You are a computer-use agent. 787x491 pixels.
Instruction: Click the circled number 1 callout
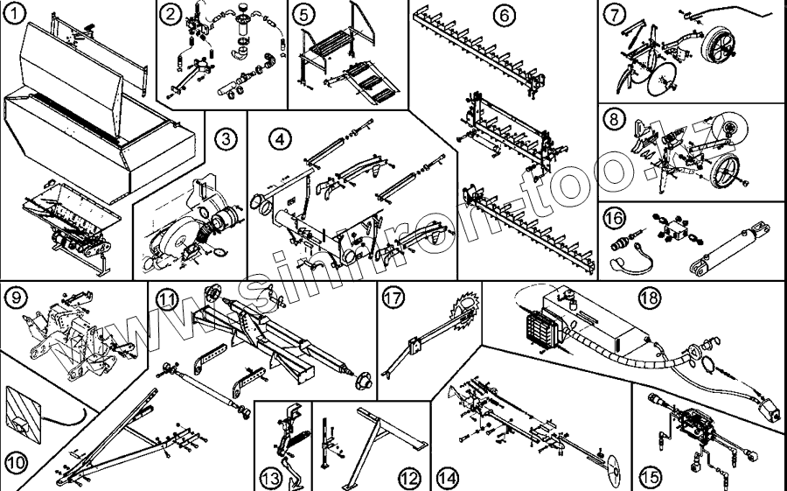14,15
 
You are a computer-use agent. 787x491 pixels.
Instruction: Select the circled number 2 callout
171,14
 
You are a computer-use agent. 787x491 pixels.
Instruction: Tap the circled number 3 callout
225,137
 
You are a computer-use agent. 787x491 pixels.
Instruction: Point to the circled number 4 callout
278,138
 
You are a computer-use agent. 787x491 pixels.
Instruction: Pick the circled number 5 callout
303,14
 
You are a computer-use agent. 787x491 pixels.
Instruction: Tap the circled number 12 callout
409,478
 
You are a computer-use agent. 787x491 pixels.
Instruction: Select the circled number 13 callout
270,478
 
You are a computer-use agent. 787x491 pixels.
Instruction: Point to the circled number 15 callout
649,477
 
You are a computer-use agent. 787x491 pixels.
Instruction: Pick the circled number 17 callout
393,298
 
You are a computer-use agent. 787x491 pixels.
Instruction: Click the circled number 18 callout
649,298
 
